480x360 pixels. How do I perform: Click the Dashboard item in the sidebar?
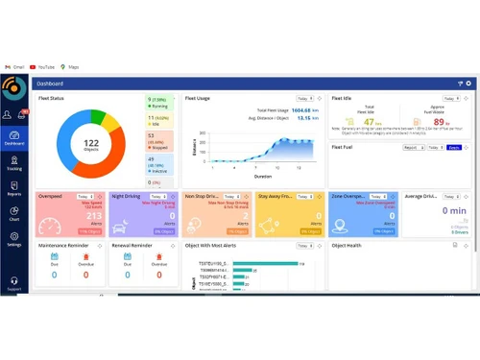(x=14, y=137)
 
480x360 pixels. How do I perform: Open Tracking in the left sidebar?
(x=14, y=164)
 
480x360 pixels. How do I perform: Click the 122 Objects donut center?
(x=91, y=142)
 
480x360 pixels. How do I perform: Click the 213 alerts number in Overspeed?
(x=94, y=216)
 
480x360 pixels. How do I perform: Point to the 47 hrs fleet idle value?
(x=366, y=122)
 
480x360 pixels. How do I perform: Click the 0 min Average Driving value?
(x=453, y=210)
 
